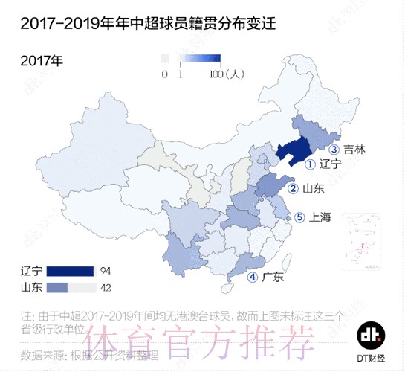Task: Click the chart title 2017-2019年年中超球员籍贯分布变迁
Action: (x=140, y=25)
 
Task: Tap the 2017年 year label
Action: (x=42, y=60)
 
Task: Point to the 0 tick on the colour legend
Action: (x=164, y=74)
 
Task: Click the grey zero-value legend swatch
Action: (x=164, y=58)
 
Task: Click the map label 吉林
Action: (x=355, y=149)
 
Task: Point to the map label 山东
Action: (x=313, y=189)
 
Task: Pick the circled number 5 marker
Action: (x=299, y=218)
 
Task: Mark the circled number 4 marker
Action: (x=253, y=278)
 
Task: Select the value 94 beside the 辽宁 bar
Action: (x=106, y=270)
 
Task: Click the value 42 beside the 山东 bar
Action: (x=106, y=287)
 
